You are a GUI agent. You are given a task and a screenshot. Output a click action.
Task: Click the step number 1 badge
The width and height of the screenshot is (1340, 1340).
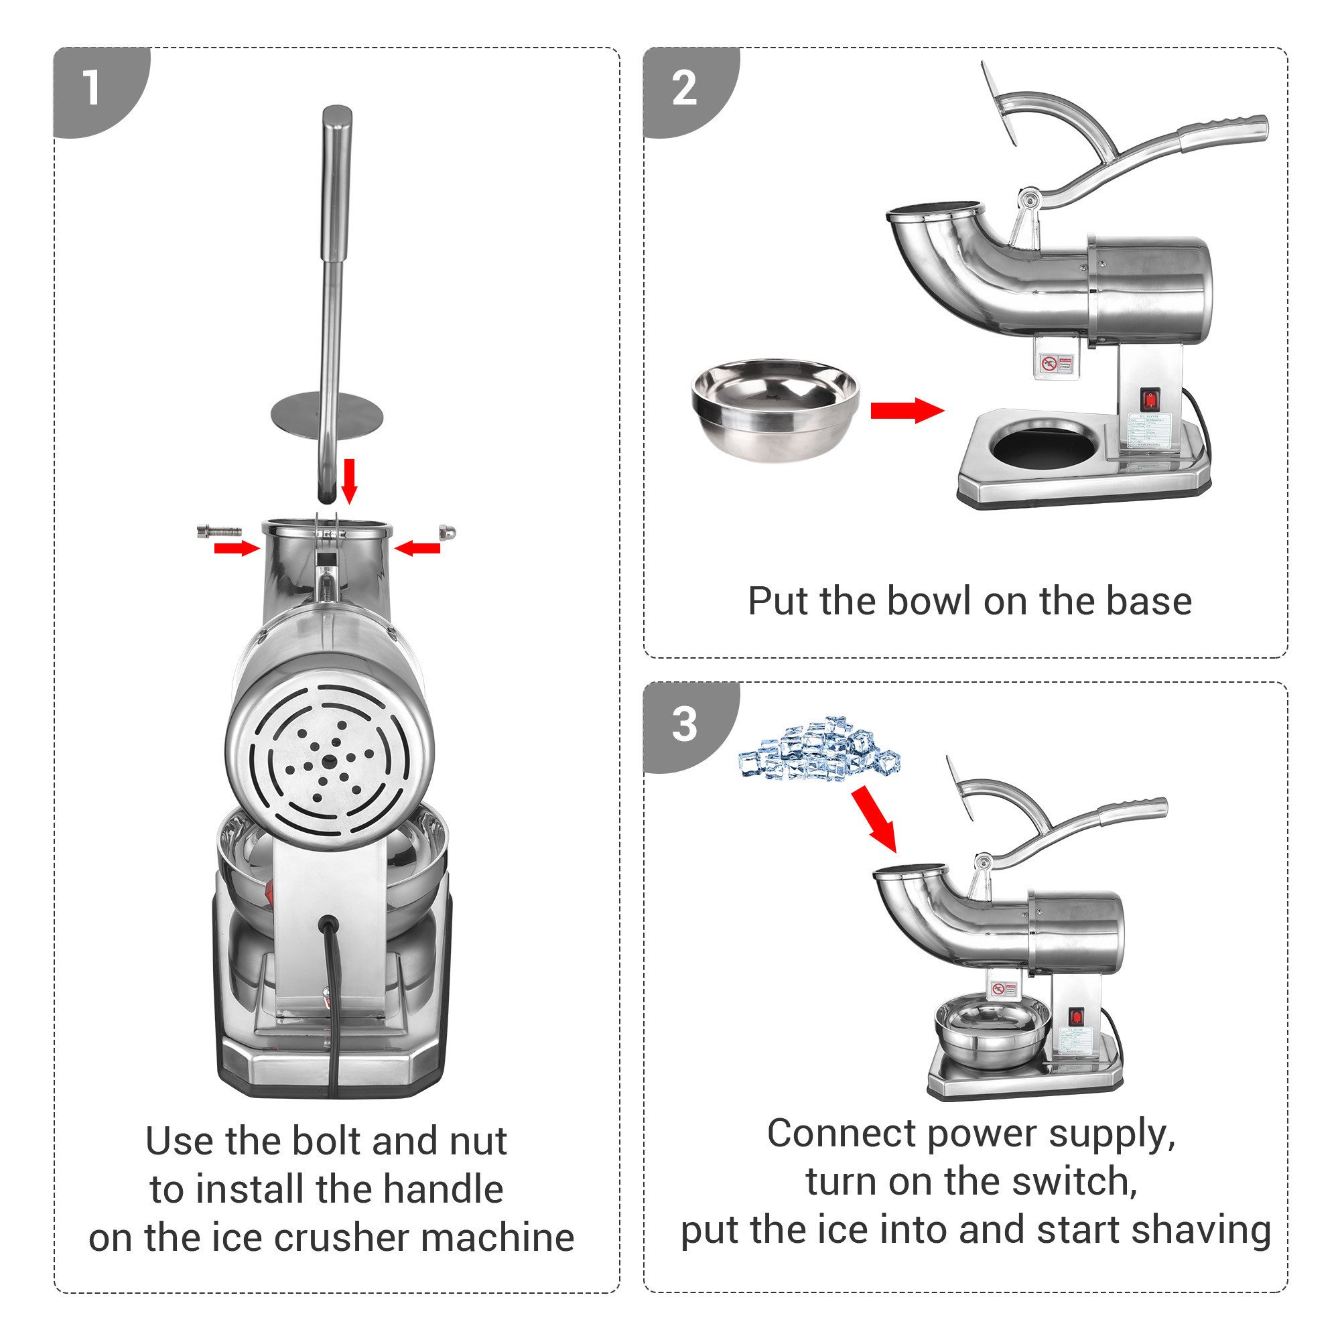(x=92, y=89)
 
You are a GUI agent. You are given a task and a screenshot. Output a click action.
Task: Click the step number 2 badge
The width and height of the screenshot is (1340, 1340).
(x=684, y=89)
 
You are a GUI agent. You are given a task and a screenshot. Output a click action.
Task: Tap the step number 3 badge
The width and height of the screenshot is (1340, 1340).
(x=684, y=724)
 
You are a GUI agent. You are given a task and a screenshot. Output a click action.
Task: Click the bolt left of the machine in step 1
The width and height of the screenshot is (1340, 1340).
(x=218, y=531)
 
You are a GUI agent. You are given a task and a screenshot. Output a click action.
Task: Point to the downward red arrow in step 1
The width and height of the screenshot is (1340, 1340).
(x=350, y=480)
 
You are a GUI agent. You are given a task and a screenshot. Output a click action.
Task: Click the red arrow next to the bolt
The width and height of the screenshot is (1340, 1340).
(x=236, y=549)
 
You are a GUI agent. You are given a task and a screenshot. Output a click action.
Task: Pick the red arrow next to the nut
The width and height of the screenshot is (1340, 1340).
(x=417, y=549)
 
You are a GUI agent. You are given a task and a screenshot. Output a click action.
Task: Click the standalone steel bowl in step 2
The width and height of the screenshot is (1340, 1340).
(x=775, y=409)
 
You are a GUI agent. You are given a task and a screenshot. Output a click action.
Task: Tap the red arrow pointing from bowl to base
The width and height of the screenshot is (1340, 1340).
(x=907, y=410)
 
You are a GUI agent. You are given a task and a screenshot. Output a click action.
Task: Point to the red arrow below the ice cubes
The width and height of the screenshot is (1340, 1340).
(x=874, y=819)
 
